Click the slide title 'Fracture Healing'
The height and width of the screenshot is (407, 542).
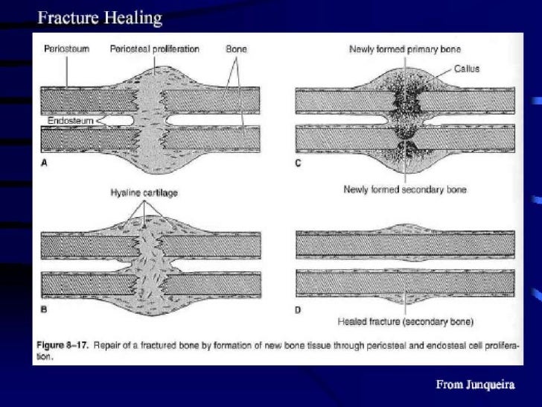[101, 18]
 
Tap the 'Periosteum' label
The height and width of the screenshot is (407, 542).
[66, 49]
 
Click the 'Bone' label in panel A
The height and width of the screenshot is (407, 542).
[236, 49]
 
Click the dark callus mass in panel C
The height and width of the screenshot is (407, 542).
[405, 104]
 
